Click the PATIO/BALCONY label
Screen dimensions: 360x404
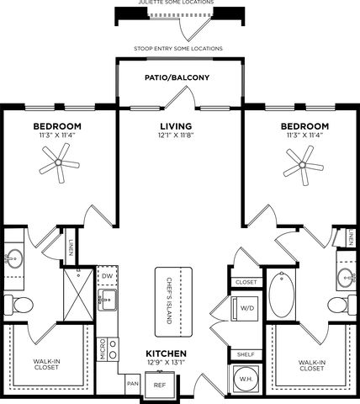(x=177, y=77)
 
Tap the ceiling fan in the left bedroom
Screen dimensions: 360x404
(x=59, y=162)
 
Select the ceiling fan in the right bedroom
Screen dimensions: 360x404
(x=303, y=165)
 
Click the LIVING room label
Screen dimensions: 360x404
(x=176, y=126)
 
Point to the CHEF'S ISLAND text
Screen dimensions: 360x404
(x=169, y=300)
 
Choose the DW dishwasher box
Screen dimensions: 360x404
(x=107, y=276)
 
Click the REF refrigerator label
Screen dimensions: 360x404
(x=160, y=385)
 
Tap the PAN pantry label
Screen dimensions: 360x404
(x=132, y=383)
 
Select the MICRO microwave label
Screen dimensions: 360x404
(x=103, y=349)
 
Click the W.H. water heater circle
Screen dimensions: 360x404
(x=246, y=379)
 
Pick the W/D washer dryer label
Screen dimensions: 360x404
(x=247, y=308)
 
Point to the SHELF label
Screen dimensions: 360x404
(x=246, y=354)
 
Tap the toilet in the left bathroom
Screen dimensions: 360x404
(x=19, y=305)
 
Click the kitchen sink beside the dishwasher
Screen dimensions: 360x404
(x=107, y=300)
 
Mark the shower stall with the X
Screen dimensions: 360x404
(x=78, y=295)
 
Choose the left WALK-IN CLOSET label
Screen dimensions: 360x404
(x=46, y=364)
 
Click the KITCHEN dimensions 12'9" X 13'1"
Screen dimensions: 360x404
(x=166, y=362)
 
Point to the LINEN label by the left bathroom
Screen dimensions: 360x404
(x=71, y=247)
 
